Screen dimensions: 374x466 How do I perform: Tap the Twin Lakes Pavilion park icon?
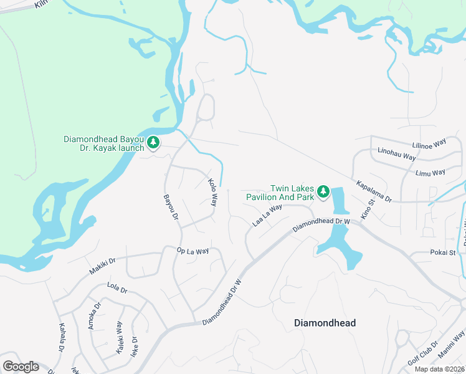tap(323, 191)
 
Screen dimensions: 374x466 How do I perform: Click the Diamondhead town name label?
tap(325, 323)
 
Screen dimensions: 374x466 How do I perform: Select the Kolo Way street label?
tap(212, 192)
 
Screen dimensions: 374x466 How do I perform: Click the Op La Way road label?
tap(193, 251)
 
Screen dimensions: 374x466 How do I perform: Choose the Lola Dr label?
tap(117, 290)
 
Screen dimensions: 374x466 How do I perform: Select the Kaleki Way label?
tap(119, 337)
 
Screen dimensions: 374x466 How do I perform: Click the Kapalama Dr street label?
tap(374, 192)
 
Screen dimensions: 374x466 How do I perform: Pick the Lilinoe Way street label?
tap(430, 143)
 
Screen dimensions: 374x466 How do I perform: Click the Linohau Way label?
tap(397, 154)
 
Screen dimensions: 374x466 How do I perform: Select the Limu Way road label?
tap(430, 172)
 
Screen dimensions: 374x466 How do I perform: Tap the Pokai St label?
tap(443, 252)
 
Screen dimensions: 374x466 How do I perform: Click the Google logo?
tap(21, 367)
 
